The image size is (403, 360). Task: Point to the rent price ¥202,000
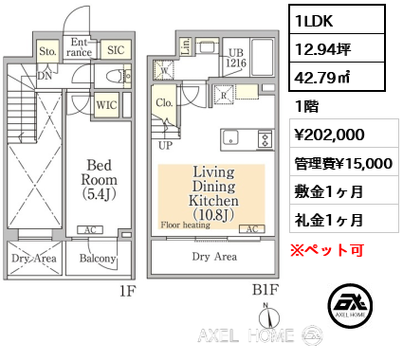pyautogui.click(x=328, y=135)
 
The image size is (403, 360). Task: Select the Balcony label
pyautogui.click(x=98, y=259)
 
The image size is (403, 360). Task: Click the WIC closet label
pyautogui.click(x=105, y=106)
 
